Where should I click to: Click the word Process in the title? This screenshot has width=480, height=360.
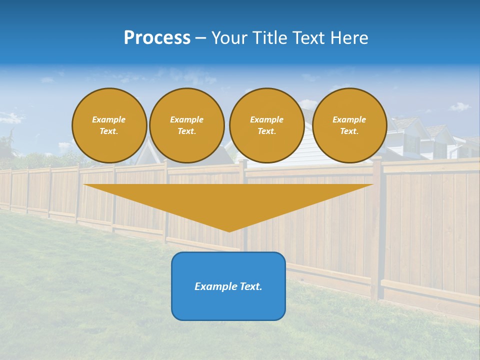coord(157,38)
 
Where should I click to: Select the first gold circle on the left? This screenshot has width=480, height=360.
coord(109,125)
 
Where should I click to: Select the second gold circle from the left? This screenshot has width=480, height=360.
coord(186,125)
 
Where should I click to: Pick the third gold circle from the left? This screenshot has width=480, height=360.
coord(266,125)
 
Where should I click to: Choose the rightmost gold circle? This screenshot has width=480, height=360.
coord(349,125)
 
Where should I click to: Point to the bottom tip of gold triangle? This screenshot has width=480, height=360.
coord(229,231)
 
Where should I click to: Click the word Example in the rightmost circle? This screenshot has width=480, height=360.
coord(349,119)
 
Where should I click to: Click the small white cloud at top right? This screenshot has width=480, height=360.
coord(459,106)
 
